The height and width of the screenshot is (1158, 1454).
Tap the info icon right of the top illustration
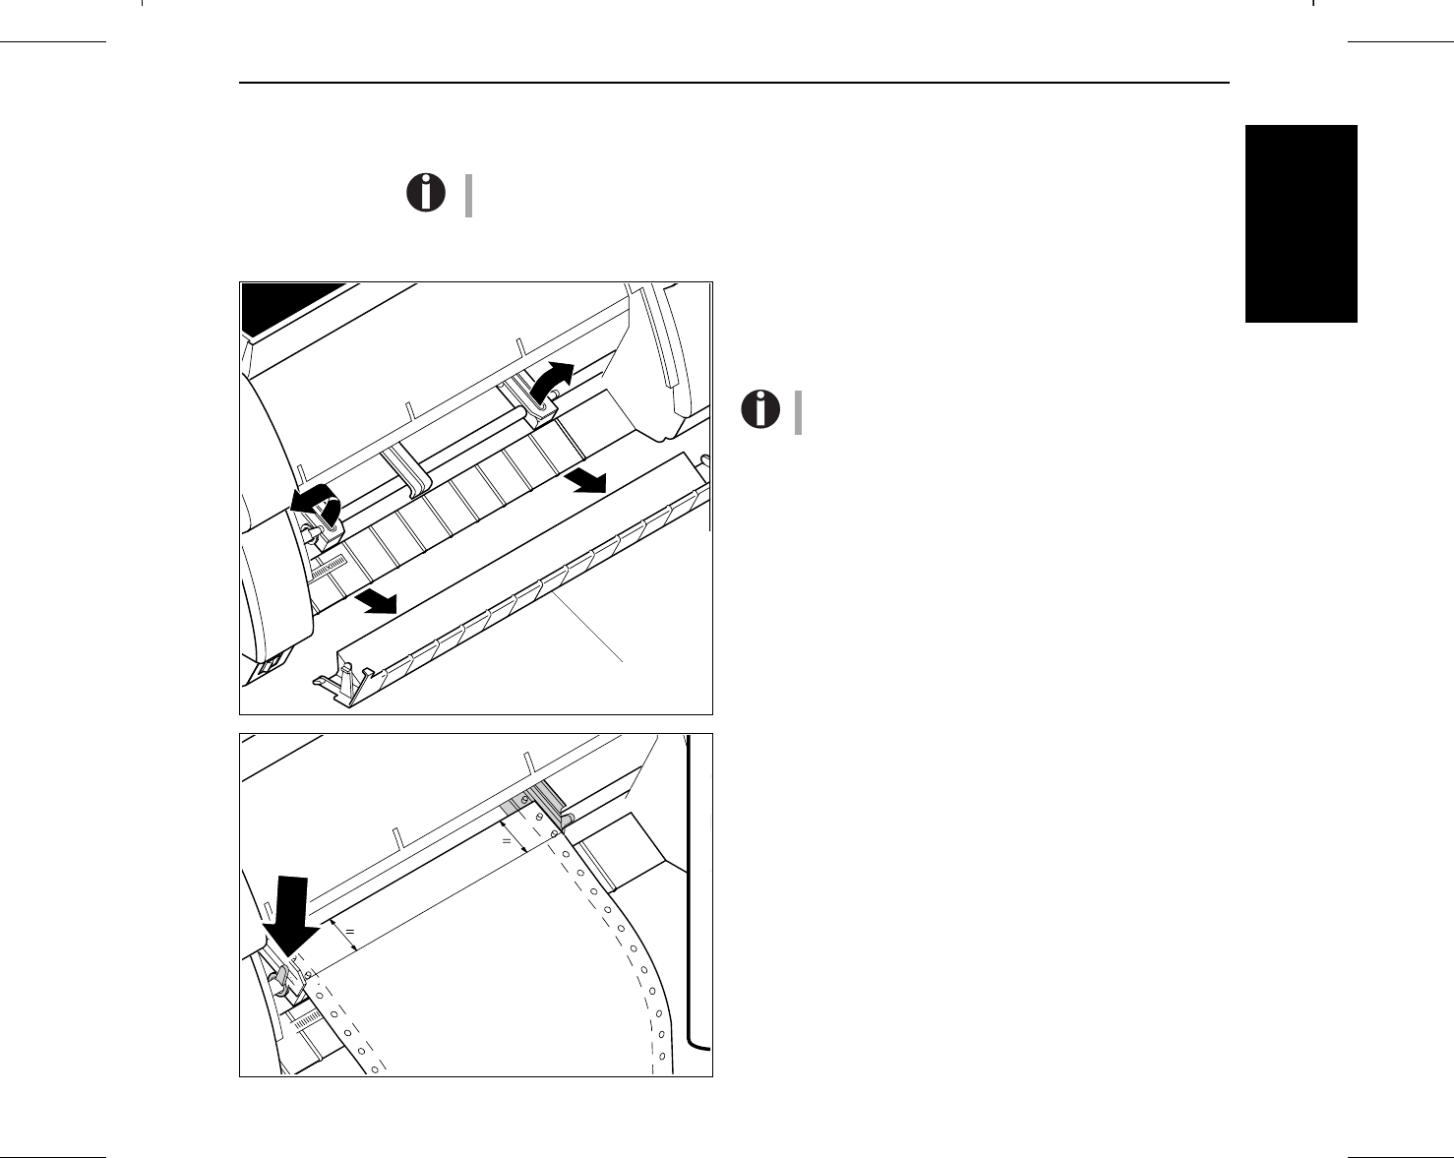tap(759, 409)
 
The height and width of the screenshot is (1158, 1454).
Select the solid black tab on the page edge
tap(1301, 223)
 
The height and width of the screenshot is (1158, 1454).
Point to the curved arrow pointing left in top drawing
tap(316, 501)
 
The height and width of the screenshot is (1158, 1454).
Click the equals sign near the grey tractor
tap(507, 842)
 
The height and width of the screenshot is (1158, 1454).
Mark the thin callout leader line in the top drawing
tap(590, 630)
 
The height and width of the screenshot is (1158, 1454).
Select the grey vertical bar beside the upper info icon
tap(469, 195)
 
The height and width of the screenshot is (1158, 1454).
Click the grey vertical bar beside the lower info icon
tap(799, 412)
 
